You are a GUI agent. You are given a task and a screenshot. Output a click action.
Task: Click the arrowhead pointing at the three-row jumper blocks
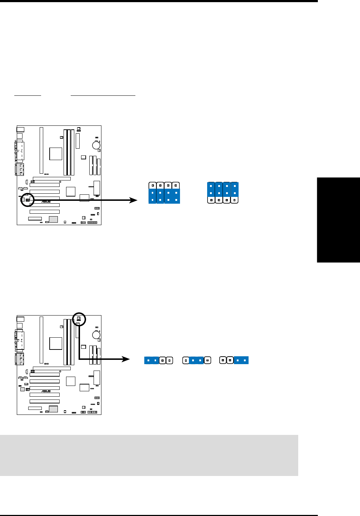click(x=134, y=200)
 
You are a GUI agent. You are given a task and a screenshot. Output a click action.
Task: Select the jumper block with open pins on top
click(x=164, y=193)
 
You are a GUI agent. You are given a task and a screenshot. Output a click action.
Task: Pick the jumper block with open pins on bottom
click(x=223, y=193)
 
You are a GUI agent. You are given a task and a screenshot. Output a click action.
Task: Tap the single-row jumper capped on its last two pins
click(x=234, y=360)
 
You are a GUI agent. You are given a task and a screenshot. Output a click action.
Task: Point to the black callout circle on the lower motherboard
click(x=79, y=319)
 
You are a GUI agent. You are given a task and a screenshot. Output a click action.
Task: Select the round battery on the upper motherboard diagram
click(x=96, y=145)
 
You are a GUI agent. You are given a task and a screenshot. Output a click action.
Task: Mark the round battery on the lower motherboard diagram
click(x=96, y=335)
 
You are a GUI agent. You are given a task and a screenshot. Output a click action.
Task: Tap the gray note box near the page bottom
click(x=149, y=455)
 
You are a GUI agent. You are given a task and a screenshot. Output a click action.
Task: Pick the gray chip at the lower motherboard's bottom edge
click(x=53, y=409)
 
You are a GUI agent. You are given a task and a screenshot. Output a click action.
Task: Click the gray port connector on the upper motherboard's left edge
click(x=20, y=169)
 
